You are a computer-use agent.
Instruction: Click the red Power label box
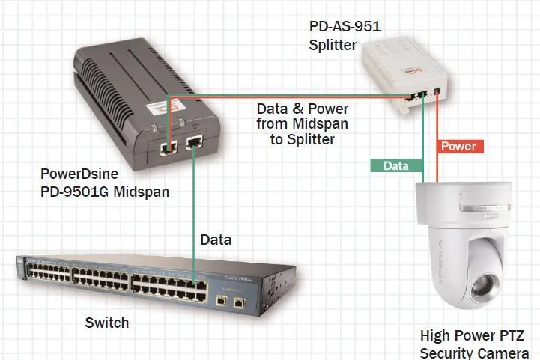click(460, 146)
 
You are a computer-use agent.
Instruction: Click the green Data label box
click(397, 166)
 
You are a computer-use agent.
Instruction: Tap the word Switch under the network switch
click(107, 323)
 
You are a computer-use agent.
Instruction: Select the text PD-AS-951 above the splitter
click(345, 26)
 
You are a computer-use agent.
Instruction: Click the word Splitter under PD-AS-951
click(333, 45)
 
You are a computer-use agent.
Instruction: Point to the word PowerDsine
click(79, 174)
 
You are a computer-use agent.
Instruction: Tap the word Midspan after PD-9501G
click(142, 192)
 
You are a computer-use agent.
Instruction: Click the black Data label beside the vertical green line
click(216, 240)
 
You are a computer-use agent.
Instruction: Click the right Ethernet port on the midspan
click(194, 142)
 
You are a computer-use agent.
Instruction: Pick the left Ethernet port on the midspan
click(168, 148)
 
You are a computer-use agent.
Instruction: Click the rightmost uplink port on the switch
click(239, 303)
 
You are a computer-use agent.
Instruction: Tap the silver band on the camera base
click(485, 207)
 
